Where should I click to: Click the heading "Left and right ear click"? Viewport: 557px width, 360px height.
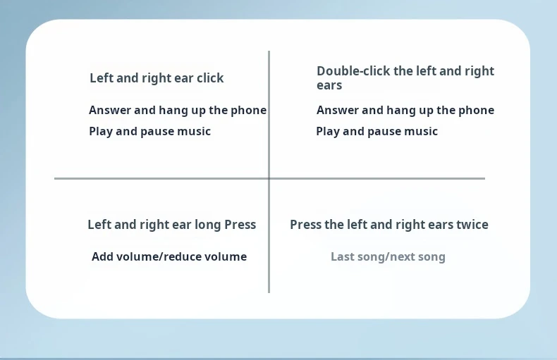click(x=157, y=78)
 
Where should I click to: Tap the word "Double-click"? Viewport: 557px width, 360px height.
click(x=354, y=71)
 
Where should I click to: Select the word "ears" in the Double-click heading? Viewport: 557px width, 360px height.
click(x=329, y=85)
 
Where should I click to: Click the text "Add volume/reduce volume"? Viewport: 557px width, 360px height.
click(x=169, y=256)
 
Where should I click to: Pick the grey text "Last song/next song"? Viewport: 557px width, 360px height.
click(x=388, y=256)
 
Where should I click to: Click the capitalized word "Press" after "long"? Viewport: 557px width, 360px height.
click(x=240, y=225)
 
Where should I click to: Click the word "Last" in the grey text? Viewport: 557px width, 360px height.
click(x=343, y=256)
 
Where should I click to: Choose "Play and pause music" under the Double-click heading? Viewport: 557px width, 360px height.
click(x=377, y=132)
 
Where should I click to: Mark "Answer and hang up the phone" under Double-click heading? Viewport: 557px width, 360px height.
click(x=405, y=111)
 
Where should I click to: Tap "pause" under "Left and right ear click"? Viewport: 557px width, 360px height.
click(x=157, y=132)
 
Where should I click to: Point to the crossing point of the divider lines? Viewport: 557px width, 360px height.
click(x=269, y=178)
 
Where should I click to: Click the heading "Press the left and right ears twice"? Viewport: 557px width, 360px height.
click(x=389, y=225)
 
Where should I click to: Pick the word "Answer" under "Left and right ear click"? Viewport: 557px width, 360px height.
click(x=110, y=110)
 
